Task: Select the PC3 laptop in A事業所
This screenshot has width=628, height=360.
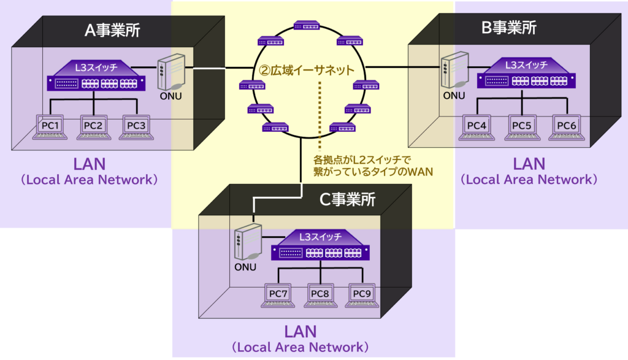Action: pyautogui.click(x=136, y=127)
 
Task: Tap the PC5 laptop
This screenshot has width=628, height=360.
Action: pyautogui.click(x=521, y=127)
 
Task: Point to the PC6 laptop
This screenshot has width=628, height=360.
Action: pyautogui.click(x=565, y=127)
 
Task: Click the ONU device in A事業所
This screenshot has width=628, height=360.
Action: pyautogui.click(x=171, y=72)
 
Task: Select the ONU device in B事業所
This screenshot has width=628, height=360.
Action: pyautogui.click(x=454, y=72)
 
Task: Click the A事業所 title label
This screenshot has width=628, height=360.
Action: pyautogui.click(x=112, y=30)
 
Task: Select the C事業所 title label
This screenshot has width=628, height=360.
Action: pyautogui.click(x=348, y=199)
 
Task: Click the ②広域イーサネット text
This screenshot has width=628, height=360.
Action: pyautogui.click(x=306, y=70)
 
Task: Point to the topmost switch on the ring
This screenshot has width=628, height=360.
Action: pyautogui.click(x=306, y=26)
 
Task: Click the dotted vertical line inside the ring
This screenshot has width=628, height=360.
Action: pyautogui.click(x=320, y=117)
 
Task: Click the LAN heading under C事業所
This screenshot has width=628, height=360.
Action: pyautogui.click(x=301, y=331)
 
